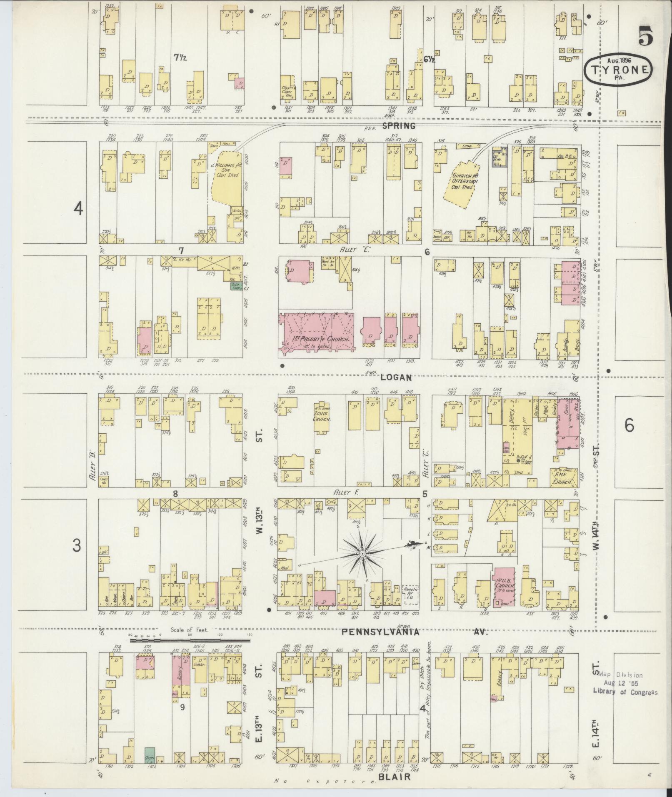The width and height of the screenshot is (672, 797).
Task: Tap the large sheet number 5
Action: [644, 37]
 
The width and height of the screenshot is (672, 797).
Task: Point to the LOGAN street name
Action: [396, 377]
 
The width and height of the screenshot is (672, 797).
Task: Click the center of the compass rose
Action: [362, 553]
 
